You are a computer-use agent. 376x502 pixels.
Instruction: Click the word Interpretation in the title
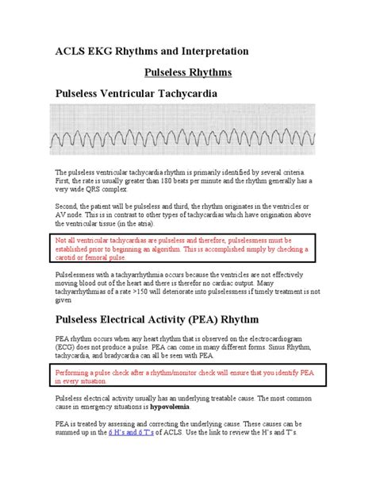(213, 51)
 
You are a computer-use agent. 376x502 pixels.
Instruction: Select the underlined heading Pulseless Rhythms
(187, 72)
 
